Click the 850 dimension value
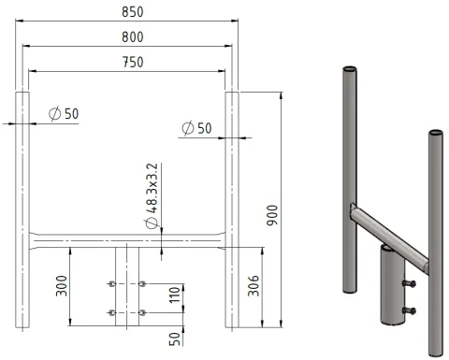133,12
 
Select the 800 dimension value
133,37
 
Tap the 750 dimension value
133,63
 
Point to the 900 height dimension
272,215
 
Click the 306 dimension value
253,285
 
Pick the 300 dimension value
62,285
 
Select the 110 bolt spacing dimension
175,295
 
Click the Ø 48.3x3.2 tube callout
152,195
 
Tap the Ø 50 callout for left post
64,114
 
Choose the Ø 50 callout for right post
196,128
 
